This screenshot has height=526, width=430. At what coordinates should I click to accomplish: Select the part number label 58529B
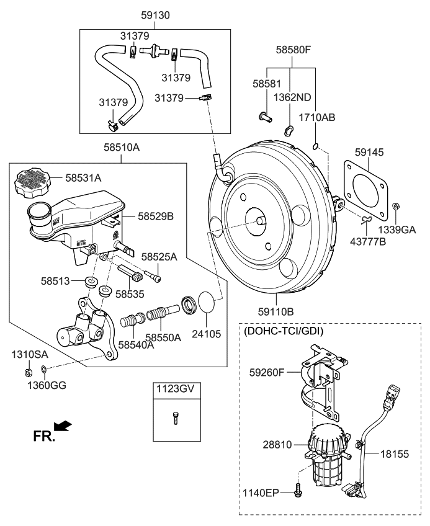[x=156, y=216]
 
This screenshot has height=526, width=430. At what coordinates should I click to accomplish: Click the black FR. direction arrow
[x=63, y=426]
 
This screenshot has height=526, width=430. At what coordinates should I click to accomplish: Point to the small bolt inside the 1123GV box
[x=175, y=419]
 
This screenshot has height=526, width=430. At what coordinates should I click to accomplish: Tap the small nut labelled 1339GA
[x=398, y=206]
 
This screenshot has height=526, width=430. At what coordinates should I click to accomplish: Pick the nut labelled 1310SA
[x=28, y=372]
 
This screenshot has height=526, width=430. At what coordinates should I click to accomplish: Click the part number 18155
[x=394, y=454]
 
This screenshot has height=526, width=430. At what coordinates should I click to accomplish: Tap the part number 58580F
[x=292, y=50]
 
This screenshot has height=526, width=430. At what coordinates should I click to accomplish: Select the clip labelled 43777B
[x=367, y=218]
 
